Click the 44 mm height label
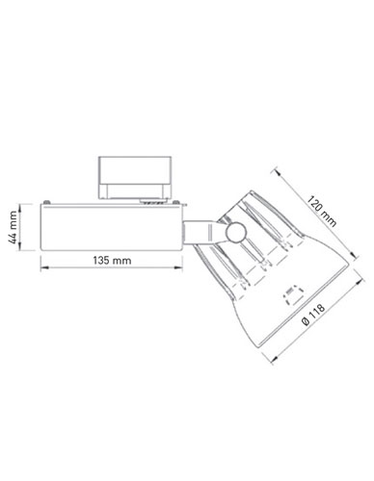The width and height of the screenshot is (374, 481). [x=13, y=227]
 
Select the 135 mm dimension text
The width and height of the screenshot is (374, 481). [x=112, y=260]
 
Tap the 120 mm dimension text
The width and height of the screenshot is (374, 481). [x=322, y=212]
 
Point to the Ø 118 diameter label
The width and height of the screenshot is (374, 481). [x=313, y=316]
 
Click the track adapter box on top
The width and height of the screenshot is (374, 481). [x=135, y=177]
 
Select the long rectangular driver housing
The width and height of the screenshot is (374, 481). [x=111, y=227]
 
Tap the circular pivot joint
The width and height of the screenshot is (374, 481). [x=236, y=233]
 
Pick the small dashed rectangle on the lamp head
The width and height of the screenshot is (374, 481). [x=293, y=295]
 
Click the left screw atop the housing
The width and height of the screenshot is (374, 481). [x=47, y=202]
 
